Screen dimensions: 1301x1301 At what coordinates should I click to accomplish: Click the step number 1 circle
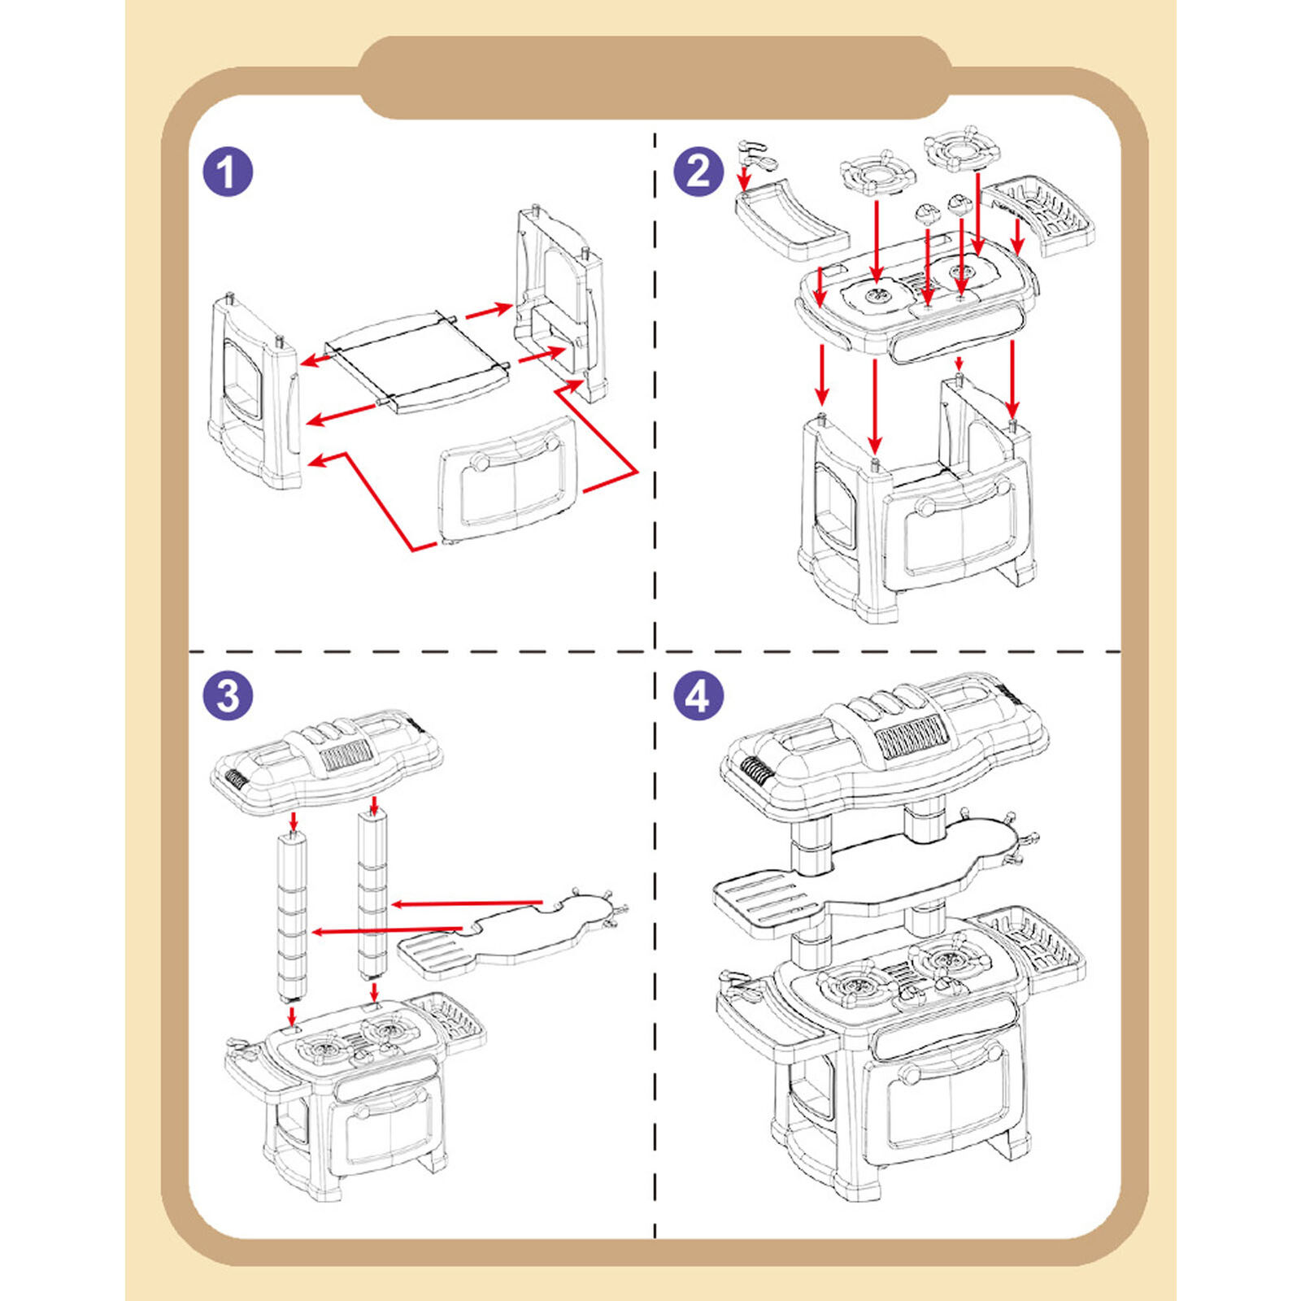pyautogui.click(x=228, y=172)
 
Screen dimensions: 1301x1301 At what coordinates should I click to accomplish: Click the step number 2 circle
pyautogui.click(x=698, y=172)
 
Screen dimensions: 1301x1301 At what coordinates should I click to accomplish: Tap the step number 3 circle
pyautogui.click(x=228, y=696)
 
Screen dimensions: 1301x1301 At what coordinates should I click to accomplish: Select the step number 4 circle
pyautogui.click(x=698, y=696)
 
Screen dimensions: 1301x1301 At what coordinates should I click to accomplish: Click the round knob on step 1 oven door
pyautogui.click(x=481, y=463)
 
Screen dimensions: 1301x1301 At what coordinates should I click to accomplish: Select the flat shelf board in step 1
pyautogui.click(x=416, y=358)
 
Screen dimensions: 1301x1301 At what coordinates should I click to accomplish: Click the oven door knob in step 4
pyautogui.click(x=908, y=1076)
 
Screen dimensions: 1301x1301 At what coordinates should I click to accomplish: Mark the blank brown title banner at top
pyautogui.click(x=655, y=78)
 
